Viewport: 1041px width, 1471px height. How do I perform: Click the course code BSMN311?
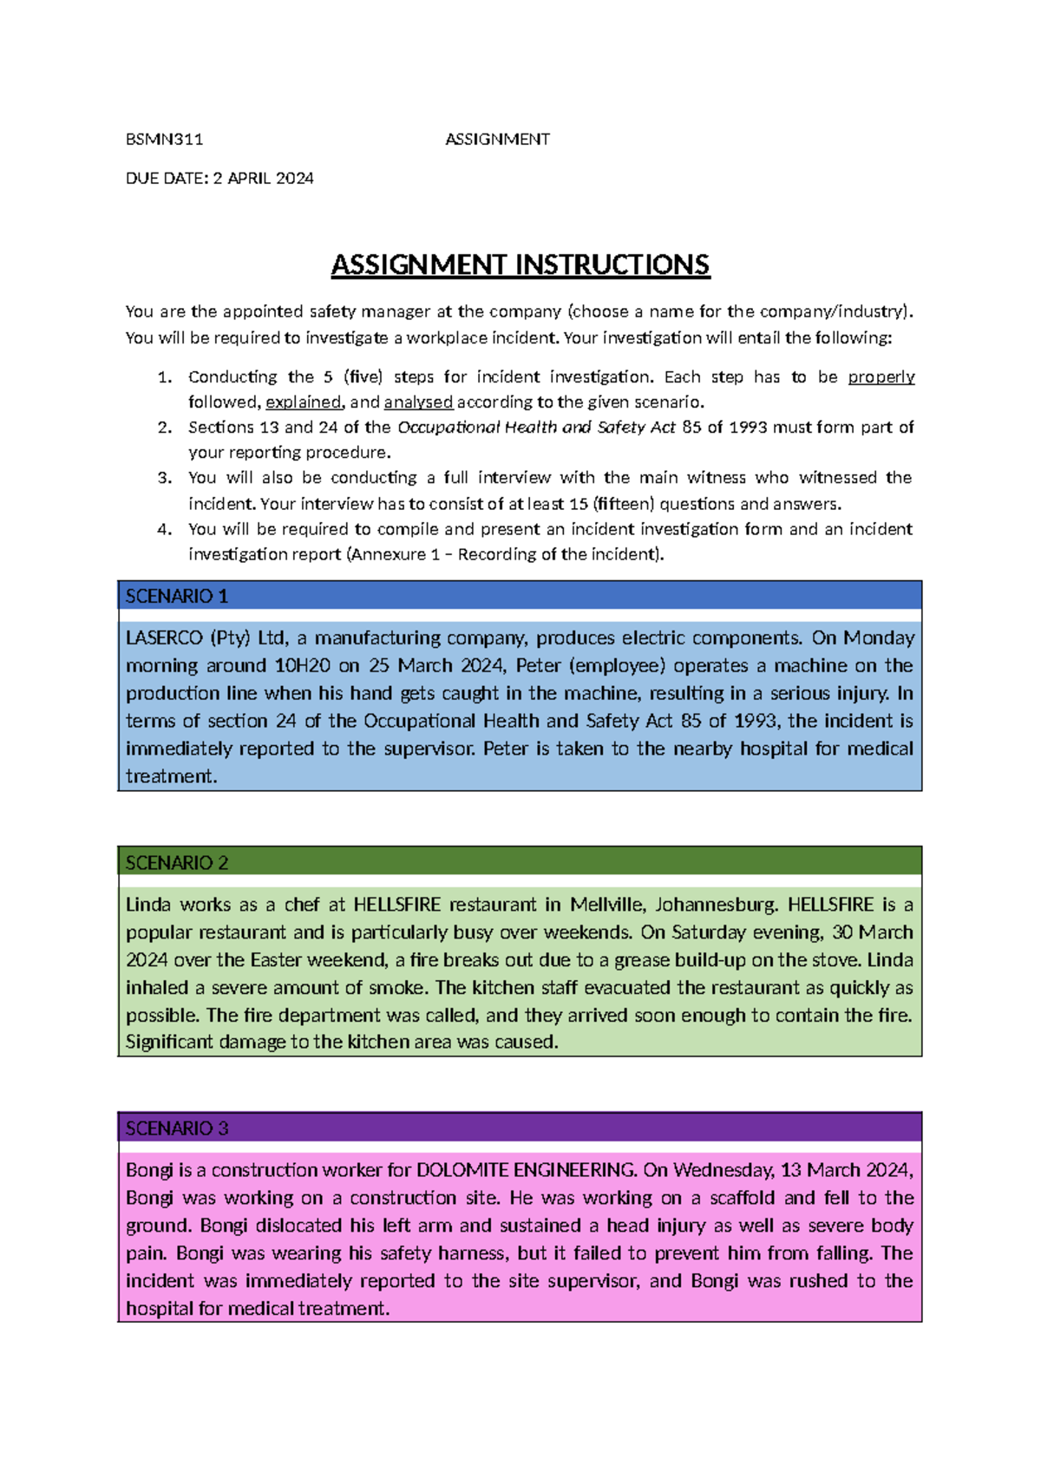click(x=164, y=139)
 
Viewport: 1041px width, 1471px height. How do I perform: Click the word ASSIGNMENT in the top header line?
click(x=497, y=139)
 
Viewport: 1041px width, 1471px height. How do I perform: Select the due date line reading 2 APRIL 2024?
click(x=219, y=178)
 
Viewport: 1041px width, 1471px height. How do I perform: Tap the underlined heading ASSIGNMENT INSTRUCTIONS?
click(x=520, y=265)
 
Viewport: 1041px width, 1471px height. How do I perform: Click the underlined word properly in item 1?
click(x=881, y=376)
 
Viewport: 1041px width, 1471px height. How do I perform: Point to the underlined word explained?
click(x=304, y=402)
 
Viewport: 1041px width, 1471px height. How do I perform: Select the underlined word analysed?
click(x=418, y=402)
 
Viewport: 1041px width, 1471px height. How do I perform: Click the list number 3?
click(x=165, y=477)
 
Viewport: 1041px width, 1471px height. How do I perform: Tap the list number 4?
click(x=165, y=528)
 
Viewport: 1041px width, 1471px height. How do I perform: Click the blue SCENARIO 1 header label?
click(x=176, y=596)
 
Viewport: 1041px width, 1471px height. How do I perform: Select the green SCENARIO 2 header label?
click(x=176, y=862)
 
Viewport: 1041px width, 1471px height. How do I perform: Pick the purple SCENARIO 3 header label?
click(x=176, y=1128)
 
